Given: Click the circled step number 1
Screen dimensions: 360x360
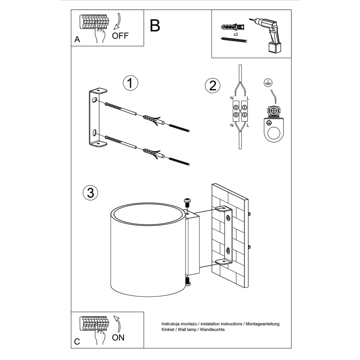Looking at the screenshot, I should click(130, 83).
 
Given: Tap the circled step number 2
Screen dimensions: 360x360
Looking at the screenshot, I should click(212, 86).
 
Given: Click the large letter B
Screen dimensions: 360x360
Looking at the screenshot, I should click(154, 26).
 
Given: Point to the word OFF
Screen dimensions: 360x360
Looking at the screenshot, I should click(120, 36).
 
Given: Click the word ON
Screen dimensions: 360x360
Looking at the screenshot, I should click(118, 338).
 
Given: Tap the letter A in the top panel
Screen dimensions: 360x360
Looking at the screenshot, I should click(77, 40).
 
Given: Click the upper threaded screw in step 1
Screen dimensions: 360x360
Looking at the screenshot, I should click(179, 127).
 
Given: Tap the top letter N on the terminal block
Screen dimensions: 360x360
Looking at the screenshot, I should click(232, 98).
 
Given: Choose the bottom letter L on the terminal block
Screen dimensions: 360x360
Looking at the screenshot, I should click(248, 125).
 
